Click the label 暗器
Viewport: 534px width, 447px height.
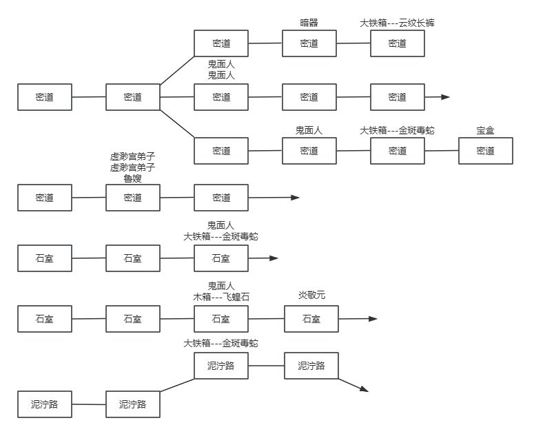pyautogui.click(x=309, y=23)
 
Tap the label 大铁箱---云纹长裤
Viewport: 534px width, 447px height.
pyautogui.click(x=397, y=23)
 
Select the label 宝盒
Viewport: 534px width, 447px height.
pyautogui.click(x=486, y=130)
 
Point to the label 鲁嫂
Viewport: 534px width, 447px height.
pyautogui.click(x=132, y=178)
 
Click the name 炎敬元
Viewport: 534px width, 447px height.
pyautogui.click(x=311, y=295)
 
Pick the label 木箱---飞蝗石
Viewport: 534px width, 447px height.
pyautogui.click(x=221, y=297)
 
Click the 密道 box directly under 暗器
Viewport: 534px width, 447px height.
pyautogui.click(x=309, y=43)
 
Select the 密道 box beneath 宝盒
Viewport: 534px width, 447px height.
pyautogui.click(x=486, y=151)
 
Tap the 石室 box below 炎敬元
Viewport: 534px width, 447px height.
pyautogui.click(x=311, y=319)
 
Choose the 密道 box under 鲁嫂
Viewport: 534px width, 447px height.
pyautogui.click(x=132, y=198)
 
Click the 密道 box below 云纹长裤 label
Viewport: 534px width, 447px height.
pyautogui.click(x=397, y=43)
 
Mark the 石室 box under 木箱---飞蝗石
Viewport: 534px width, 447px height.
pyautogui.click(x=221, y=319)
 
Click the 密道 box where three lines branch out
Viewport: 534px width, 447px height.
pyautogui.click(x=132, y=97)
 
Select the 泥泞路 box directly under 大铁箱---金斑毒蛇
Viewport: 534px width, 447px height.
pyautogui.click(x=221, y=366)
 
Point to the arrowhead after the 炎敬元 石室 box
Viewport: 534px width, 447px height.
pyautogui.click(x=373, y=319)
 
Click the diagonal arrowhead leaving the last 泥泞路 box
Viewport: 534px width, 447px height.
pyautogui.click(x=364, y=390)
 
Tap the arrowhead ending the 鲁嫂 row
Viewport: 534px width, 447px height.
pyautogui.click(x=296, y=198)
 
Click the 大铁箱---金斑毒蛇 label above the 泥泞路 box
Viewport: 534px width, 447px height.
pyautogui.click(x=221, y=343)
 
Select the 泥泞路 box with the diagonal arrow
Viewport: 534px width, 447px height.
pyautogui.click(x=311, y=366)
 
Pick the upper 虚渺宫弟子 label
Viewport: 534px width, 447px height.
pyautogui.click(x=132, y=156)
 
